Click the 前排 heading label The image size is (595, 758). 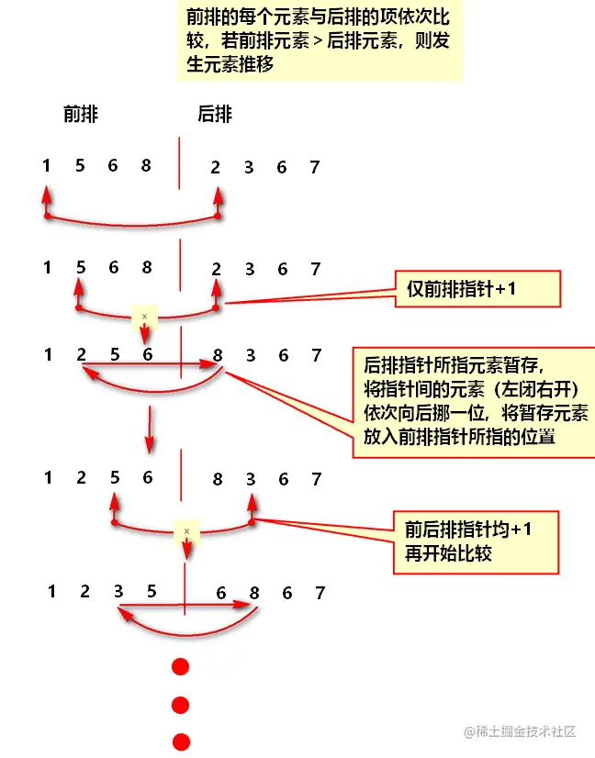(x=81, y=115)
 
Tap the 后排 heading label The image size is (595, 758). (x=215, y=115)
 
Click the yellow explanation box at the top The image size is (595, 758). (x=320, y=41)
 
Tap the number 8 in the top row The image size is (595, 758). (x=146, y=166)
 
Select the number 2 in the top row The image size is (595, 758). (x=216, y=167)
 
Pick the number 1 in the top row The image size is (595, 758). (x=46, y=166)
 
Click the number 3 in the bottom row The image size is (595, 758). (x=118, y=592)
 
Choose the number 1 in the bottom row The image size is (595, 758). (x=52, y=592)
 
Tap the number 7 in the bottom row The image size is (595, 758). (x=320, y=593)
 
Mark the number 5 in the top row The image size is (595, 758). (x=80, y=166)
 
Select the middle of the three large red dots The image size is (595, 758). (x=181, y=705)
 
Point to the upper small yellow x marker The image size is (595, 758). (x=144, y=317)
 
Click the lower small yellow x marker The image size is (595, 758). (x=186, y=530)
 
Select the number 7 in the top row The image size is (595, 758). (x=315, y=167)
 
